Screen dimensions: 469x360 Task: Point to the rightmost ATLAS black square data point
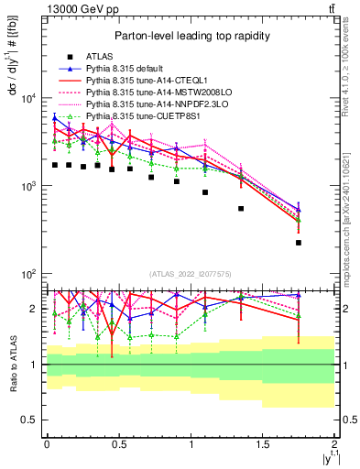299,243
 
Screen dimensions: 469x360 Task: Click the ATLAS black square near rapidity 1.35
241,209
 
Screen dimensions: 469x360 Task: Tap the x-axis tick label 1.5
263,443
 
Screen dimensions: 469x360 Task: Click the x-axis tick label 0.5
119,443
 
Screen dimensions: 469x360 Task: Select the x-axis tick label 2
335,443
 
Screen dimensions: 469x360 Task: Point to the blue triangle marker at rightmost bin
299,209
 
